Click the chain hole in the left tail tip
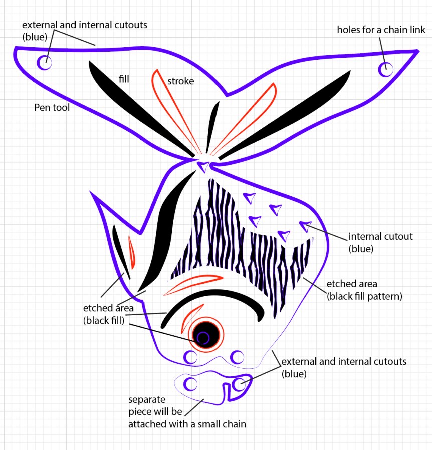(x=44, y=62)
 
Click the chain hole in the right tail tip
(x=385, y=69)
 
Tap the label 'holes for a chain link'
(x=381, y=30)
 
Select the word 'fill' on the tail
(x=124, y=79)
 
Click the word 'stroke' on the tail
(x=181, y=81)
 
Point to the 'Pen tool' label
(x=52, y=107)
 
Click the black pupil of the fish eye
(x=206, y=335)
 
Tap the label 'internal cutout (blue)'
(x=380, y=242)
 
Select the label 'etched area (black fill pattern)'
(x=364, y=290)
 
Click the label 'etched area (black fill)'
(x=108, y=314)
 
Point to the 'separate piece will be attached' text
(x=187, y=412)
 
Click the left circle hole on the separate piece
(x=190, y=384)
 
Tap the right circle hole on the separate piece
(x=238, y=384)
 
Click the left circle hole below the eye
(x=190, y=357)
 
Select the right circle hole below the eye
(x=237, y=357)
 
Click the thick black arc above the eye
(x=212, y=298)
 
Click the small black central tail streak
(x=212, y=126)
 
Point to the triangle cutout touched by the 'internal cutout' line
(x=305, y=226)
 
